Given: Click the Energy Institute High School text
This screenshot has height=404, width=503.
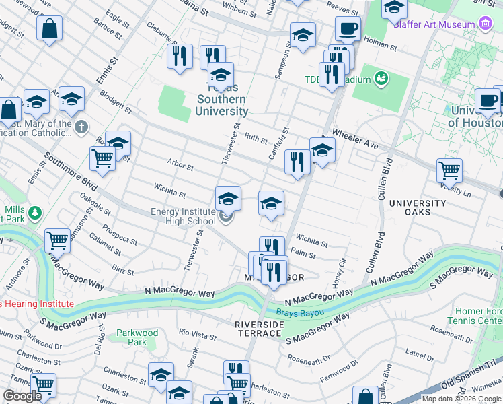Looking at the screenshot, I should [183, 216].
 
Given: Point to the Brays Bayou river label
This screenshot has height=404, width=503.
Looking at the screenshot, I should [301, 312].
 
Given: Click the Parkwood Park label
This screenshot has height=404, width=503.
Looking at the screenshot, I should [137, 337].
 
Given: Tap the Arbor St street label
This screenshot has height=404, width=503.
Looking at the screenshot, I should [180, 166].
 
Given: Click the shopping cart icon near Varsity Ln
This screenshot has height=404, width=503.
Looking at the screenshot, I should [449, 171].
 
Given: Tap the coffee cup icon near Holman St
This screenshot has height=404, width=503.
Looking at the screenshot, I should [348, 29].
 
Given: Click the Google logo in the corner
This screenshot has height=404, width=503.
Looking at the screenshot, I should [22, 396].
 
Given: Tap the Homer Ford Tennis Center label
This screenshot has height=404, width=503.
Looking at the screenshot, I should [478, 316].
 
